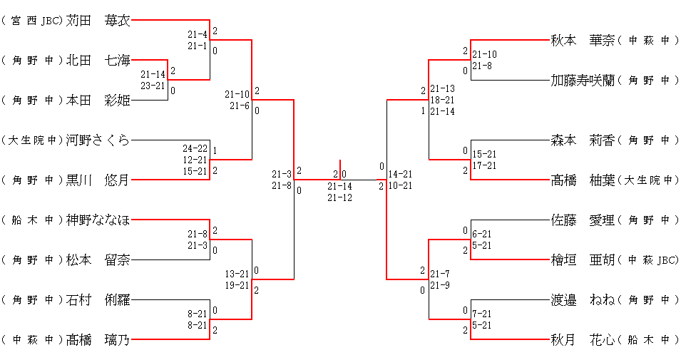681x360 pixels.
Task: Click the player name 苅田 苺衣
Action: (x=98, y=21)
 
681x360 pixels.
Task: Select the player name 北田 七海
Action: (x=98, y=60)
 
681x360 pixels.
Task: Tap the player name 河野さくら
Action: (x=98, y=140)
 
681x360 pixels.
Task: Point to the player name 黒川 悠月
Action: (x=98, y=180)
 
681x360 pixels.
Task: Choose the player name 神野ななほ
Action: (x=98, y=220)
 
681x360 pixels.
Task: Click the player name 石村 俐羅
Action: (x=98, y=299)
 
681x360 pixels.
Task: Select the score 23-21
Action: (x=153, y=86)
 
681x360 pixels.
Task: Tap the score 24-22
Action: (x=195, y=148)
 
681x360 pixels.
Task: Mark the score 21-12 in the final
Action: (x=339, y=197)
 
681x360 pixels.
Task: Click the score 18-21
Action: (x=442, y=100)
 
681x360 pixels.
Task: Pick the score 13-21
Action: (x=237, y=274)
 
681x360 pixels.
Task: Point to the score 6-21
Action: (x=482, y=234)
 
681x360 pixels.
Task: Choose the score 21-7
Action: (x=440, y=274)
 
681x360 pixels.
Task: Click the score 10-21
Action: (x=400, y=185)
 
